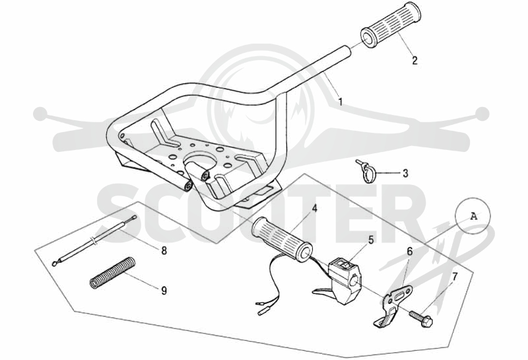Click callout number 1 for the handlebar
[x=341, y=101]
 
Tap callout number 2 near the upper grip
[x=415, y=60]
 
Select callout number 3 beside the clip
[x=405, y=173]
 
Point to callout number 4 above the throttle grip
[x=314, y=208]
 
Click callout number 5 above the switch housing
[x=371, y=240]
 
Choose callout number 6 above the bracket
[x=410, y=251]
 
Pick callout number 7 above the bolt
[x=455, y=277]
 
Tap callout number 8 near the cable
[x=164, y=250]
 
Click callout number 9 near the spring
[x=164, y=290]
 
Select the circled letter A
[x=473, y=216]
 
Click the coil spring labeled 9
[x=112, y=272]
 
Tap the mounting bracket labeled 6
[x=393, y=303]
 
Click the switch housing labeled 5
[x=344, y=277]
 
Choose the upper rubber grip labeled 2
[x=391, y=24]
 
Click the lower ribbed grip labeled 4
[x=282, y=239]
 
